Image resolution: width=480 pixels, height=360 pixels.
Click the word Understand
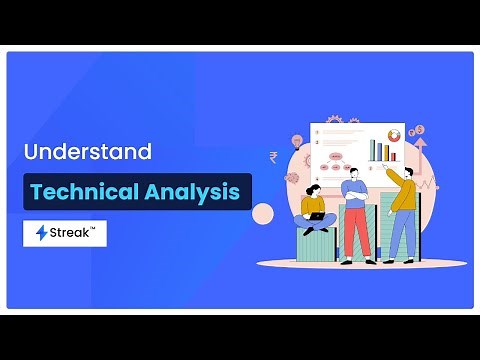88,153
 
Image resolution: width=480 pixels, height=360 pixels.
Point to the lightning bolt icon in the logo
42,233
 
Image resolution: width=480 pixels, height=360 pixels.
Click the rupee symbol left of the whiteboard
274,157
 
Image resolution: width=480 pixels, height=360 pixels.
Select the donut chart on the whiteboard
394,134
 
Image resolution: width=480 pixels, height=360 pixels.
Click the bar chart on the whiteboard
380,150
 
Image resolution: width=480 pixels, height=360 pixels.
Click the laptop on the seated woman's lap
317,215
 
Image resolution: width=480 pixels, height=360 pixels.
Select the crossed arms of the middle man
353,193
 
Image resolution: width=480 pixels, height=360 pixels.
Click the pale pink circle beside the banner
263,213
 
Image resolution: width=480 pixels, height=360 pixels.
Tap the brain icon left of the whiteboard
291,178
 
